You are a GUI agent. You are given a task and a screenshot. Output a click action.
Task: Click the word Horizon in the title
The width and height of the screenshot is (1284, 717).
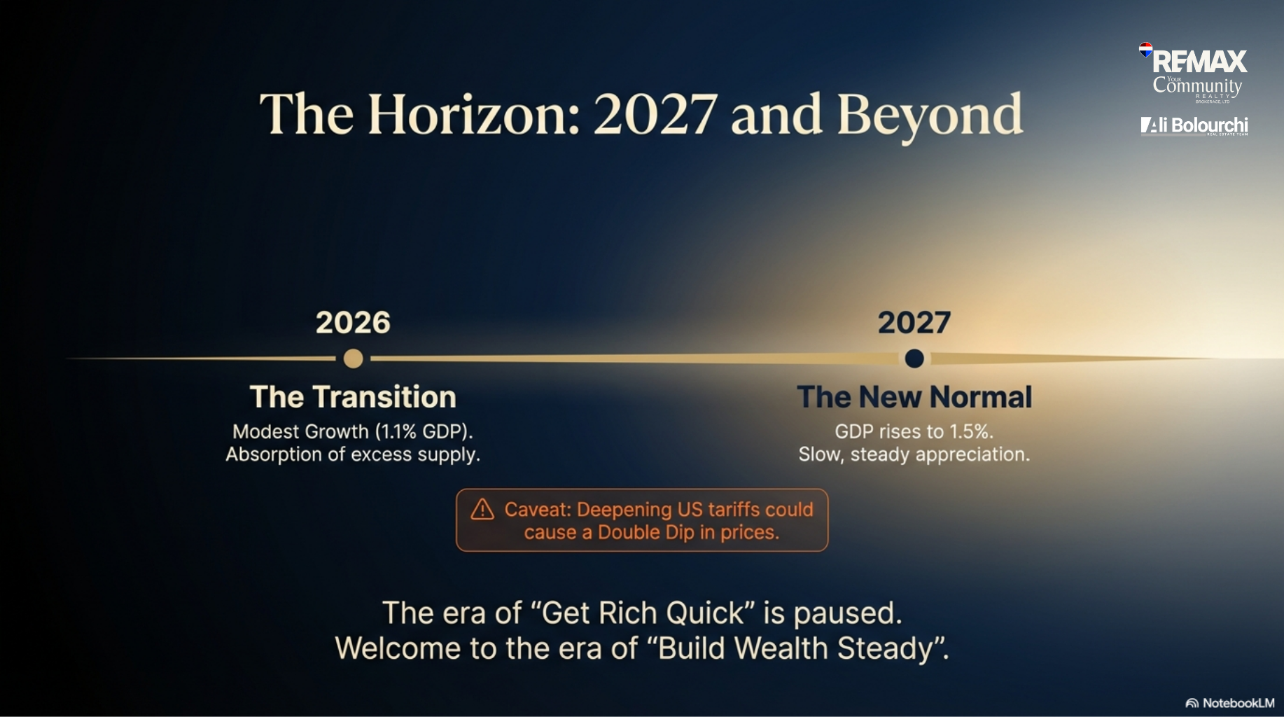(474, 113)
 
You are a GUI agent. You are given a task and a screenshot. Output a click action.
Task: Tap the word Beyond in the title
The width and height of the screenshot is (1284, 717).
(930, 116)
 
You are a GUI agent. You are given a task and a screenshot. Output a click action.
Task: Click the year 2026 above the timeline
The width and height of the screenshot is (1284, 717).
(353, 322)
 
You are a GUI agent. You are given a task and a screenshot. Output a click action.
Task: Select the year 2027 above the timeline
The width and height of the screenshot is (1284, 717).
(914, 322)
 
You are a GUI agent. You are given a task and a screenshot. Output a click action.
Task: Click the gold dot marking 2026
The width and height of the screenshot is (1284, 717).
(354, 358)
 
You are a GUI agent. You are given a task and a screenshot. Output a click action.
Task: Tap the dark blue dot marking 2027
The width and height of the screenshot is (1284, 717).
(914, 358)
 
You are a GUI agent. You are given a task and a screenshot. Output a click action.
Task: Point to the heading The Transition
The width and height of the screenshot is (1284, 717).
(353, 397)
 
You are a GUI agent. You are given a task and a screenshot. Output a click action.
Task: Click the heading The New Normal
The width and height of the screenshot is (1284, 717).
(914, 397)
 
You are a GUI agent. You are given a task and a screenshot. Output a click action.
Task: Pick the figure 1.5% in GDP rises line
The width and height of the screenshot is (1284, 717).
(970, 431)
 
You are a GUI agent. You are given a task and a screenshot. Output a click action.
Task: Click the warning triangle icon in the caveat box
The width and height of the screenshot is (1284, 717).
(482, 509)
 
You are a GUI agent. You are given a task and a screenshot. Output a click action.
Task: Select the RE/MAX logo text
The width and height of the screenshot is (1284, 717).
(1200, 62)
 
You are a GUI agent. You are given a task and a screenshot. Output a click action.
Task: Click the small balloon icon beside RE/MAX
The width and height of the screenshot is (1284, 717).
(1145, 49)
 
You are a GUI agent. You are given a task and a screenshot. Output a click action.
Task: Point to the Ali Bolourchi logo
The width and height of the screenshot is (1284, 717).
(1194, 125)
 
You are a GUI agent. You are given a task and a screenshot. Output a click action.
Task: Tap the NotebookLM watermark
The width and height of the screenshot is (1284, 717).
(1230, 703)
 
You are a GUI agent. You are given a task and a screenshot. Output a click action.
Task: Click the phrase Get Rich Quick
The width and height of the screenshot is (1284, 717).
(642, 613)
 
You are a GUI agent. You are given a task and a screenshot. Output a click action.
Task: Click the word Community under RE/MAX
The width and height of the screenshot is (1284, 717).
(1197, 86)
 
